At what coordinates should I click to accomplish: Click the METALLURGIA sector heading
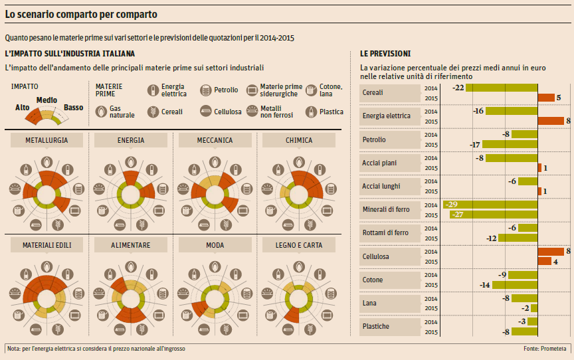[45, 140]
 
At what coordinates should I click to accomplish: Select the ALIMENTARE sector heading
[131, 245]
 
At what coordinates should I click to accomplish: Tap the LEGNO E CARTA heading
[298, 245]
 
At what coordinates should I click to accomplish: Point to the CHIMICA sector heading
[298, 140]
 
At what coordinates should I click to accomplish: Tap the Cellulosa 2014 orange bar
[551, 251]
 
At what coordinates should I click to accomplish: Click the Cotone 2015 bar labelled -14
[515, 285]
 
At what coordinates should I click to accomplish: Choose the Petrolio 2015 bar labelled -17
[510, 144]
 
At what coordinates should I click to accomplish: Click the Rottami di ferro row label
[385, 232]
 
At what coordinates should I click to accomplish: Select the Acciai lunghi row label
[381, 186]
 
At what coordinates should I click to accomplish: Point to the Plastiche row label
[376, 326]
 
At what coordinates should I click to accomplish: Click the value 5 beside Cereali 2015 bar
[559, 98]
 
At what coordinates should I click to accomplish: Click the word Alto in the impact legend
[23, 107]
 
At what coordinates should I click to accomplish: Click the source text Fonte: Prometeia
[545, 349]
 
